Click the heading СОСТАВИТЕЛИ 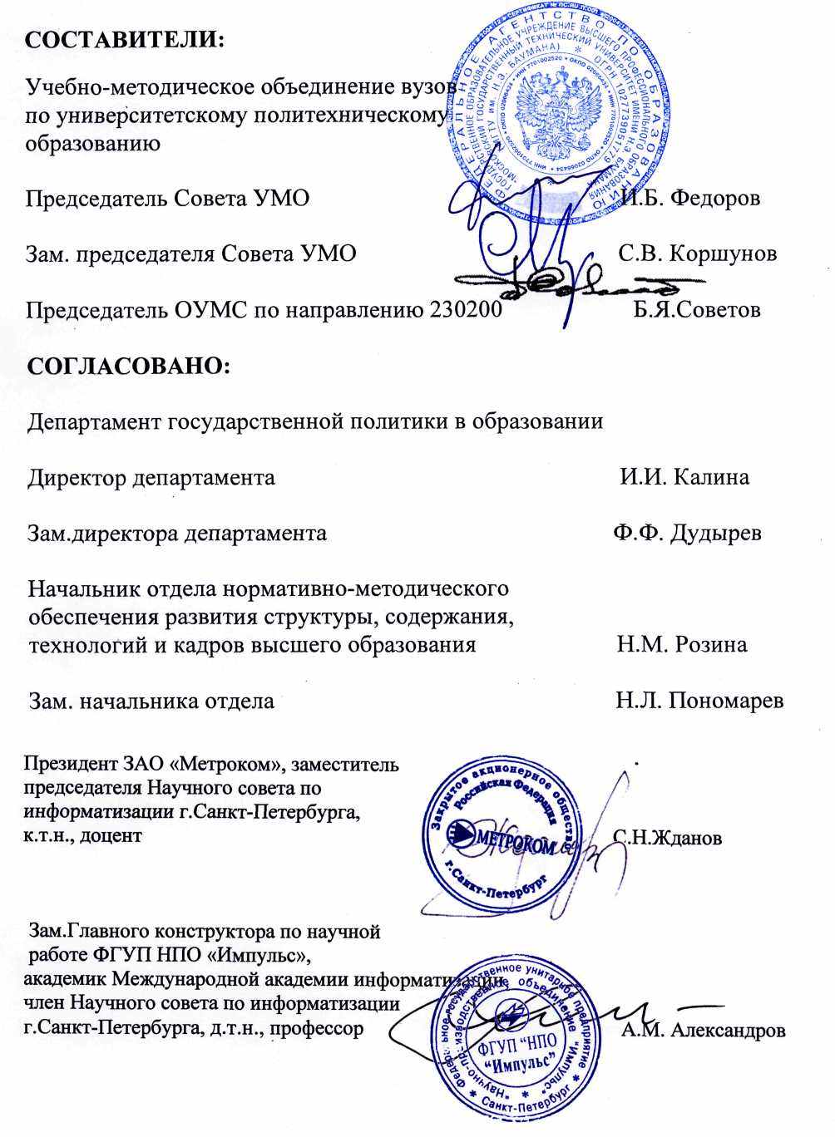126,40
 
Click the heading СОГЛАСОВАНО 129,366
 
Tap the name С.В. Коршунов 698,253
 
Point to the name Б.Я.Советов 696,310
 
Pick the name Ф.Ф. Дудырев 687,533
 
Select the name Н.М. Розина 682,645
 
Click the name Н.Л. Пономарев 699,701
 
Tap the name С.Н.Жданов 667,837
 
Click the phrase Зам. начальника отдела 151,701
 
